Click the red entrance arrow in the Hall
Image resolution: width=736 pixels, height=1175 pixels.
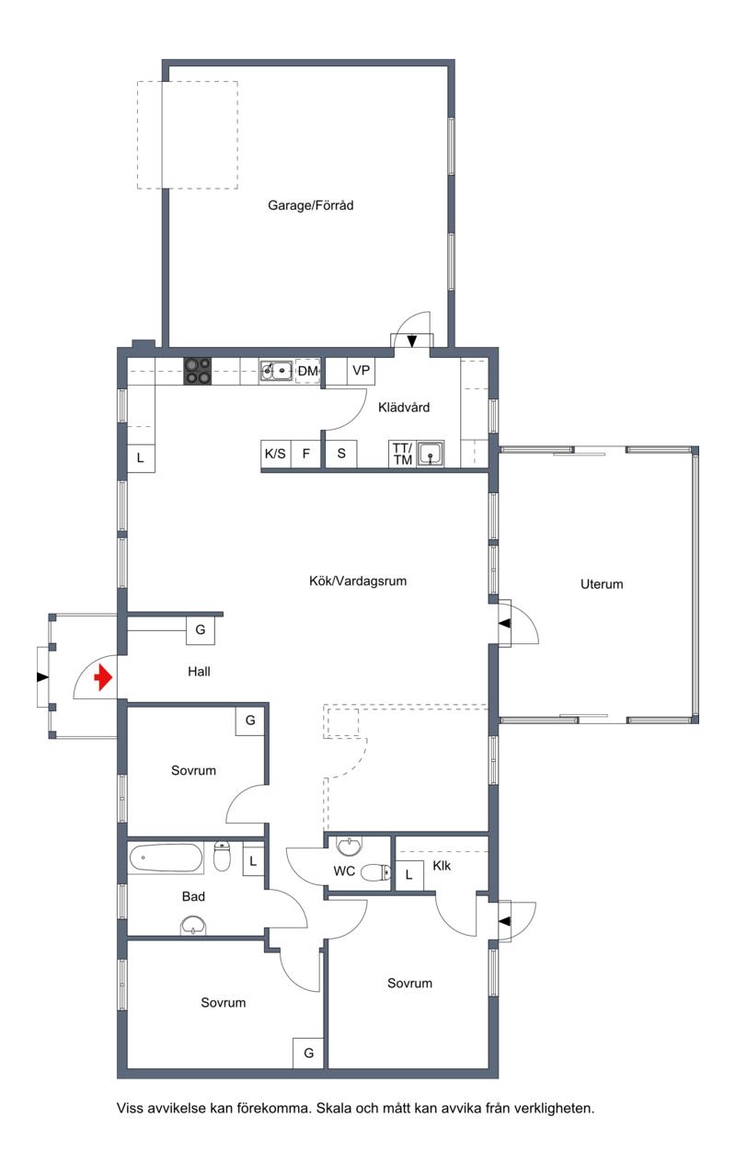103,678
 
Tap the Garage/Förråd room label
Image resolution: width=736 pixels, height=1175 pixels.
311,205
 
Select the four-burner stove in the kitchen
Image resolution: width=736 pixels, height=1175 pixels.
197,372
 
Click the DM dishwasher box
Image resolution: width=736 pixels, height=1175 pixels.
307,371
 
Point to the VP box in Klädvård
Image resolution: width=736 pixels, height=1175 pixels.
361,371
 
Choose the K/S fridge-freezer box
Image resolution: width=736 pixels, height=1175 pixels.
275,454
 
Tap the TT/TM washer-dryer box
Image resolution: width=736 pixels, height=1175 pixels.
402,454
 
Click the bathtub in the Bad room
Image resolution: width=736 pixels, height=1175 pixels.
166,858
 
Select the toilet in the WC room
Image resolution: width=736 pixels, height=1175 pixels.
375,872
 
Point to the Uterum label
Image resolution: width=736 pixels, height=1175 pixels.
602,584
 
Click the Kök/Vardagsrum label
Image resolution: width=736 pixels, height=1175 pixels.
358,581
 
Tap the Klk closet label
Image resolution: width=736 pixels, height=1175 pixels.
442,866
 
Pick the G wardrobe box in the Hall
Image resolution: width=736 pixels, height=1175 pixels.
201,630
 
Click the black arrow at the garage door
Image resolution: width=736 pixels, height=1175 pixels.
412,341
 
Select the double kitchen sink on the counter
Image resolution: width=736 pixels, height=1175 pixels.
276,370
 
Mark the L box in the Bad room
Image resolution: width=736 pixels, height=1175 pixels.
253,862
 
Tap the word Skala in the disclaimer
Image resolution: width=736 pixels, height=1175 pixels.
334,1109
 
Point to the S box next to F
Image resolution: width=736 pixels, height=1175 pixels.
341,454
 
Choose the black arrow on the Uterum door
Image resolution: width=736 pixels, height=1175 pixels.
504,624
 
